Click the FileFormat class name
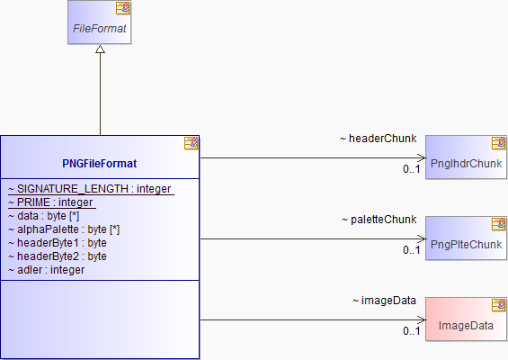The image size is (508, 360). (x=100, y=29)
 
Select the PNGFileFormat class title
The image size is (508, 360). (x=100, y=164)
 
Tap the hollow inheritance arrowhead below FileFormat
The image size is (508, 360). (x=100, y=49)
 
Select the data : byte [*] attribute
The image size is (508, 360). (x=44, y=216)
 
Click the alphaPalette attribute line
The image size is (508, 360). (x=64, y=229)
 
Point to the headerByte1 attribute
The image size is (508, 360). (x=58, y=243)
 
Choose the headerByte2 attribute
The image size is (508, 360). (x=58, y=256)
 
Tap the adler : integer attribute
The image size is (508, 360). (x=47, y=270)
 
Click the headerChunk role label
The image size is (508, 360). (x=379, y=139)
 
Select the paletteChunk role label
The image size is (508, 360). (x=379, y=220)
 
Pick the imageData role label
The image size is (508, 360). (x=384, y=301)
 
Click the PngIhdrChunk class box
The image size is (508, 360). (x=466, y=157)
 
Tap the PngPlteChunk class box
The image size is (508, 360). (x=466, y=238)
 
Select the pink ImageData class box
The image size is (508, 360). (x=466, y=319)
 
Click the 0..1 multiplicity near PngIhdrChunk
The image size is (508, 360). (x=412, y=169)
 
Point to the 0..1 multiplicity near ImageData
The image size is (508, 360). (x=412, y=331)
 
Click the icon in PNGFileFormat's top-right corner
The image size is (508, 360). (x=192, y=143)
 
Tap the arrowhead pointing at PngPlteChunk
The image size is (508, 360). (x=422, y=239)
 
